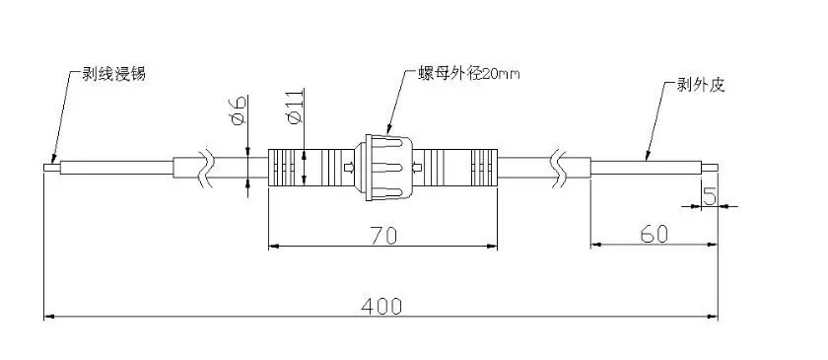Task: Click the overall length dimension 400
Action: click(381, 306)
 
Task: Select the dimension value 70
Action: click(382, 236)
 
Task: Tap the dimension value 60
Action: click(655, 234)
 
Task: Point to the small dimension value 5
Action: click(710, 196)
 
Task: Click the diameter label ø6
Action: click(239, 111)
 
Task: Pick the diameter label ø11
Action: click(295, 107)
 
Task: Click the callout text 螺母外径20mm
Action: click(469, 74)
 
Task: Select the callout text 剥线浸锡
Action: click(113, 74)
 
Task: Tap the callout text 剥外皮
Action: click(701, 85)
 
